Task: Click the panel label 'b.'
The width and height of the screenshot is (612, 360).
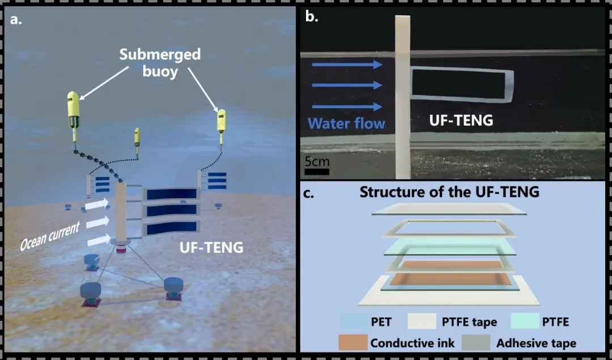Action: pos(311,16)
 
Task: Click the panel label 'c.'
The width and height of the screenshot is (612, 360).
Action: pos(309,193)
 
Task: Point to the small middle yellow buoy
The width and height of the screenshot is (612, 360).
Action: pos(137,137)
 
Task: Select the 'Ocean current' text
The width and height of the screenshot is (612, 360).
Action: pos(50,234)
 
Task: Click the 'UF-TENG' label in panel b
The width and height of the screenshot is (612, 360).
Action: pos(461,120)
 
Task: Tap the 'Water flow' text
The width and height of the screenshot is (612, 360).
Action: pos(347,123)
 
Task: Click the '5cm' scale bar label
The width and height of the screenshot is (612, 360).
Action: pos(317,161)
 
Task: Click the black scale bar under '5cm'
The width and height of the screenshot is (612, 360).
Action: pos(317,171)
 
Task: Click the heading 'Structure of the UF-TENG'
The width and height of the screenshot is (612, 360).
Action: pos(449,192)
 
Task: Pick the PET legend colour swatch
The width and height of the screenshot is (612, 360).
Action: pos(352,322)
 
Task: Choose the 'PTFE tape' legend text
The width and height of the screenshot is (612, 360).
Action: pos(469,322)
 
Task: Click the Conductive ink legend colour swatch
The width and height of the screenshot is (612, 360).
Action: pos(352,342)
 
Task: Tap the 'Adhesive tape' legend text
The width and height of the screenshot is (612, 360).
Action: pos(536,343)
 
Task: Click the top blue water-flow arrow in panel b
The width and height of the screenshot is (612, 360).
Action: pos(347,64)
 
